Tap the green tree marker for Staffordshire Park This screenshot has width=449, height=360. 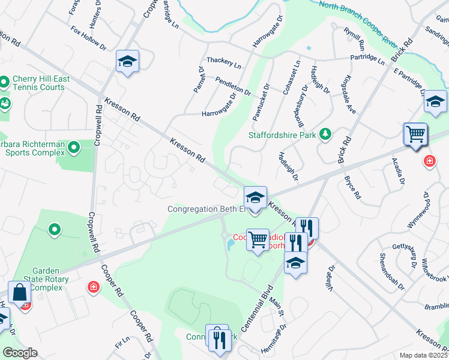(326, 133)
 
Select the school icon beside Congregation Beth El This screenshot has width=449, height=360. (255, 197)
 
